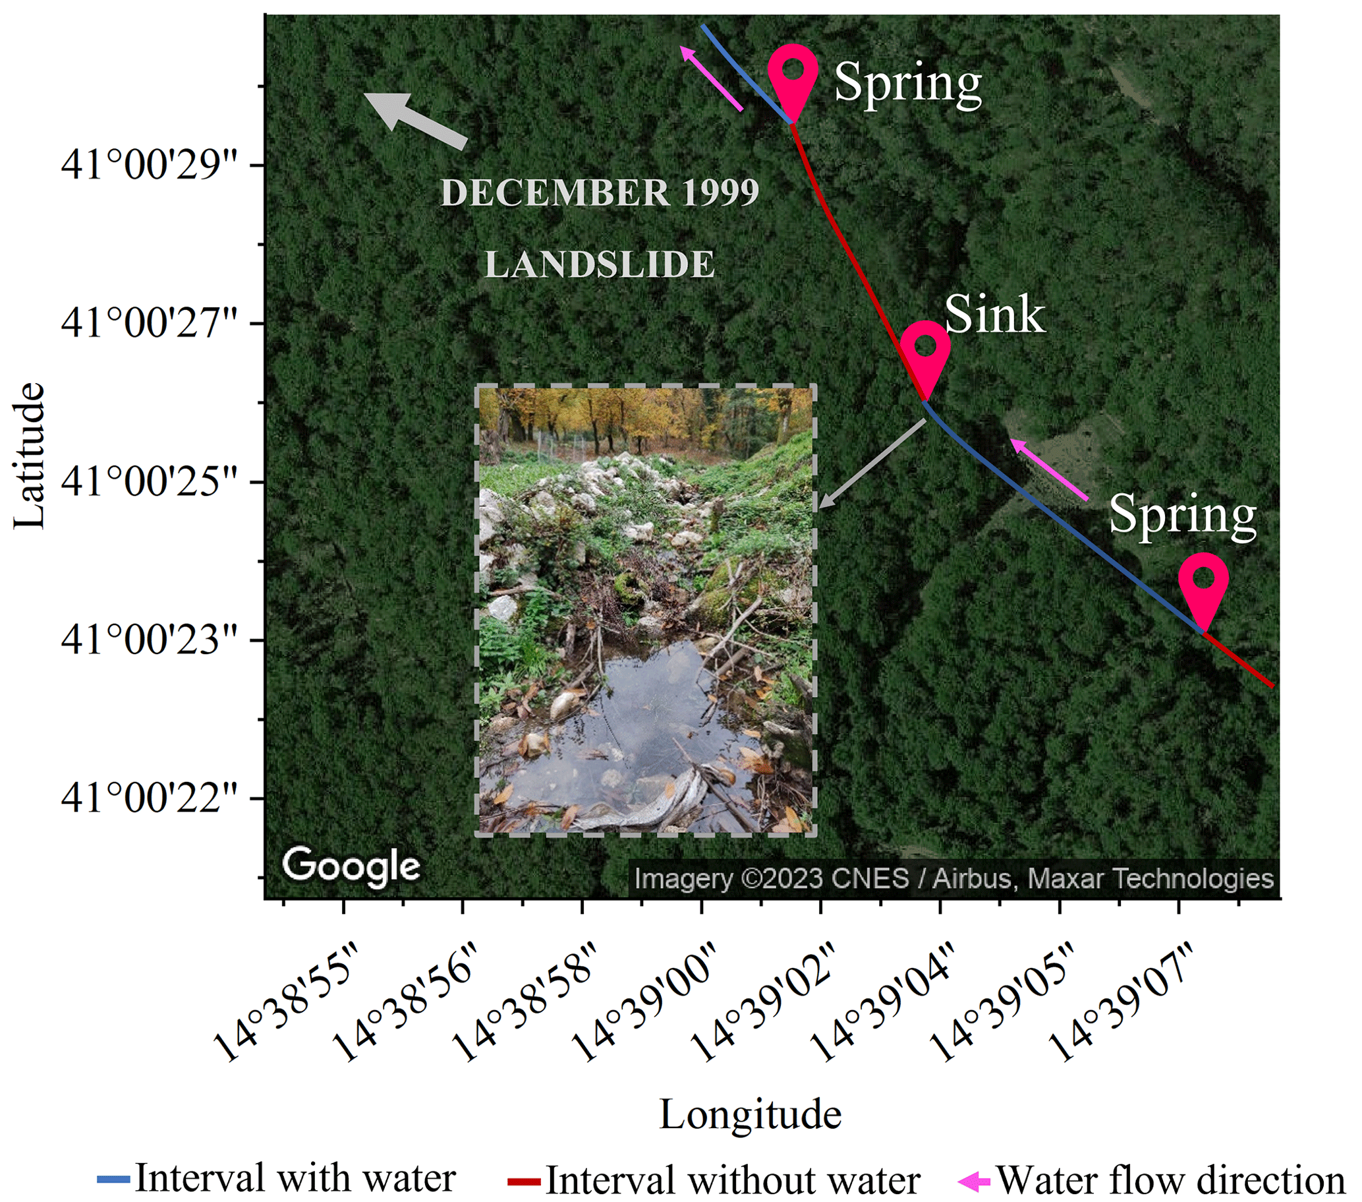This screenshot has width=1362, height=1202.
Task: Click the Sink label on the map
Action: coord(994,315)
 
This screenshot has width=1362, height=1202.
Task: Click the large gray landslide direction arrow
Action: coord(414,119)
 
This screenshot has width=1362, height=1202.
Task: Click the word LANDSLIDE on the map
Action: coord(599,264)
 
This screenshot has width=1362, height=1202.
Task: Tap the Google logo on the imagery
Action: coord(351,866)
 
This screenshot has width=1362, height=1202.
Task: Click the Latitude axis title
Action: coord(30,457)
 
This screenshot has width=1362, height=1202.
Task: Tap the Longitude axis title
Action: coord(751,1115)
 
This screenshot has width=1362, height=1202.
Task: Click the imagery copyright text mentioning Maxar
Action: coord(953,879)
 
